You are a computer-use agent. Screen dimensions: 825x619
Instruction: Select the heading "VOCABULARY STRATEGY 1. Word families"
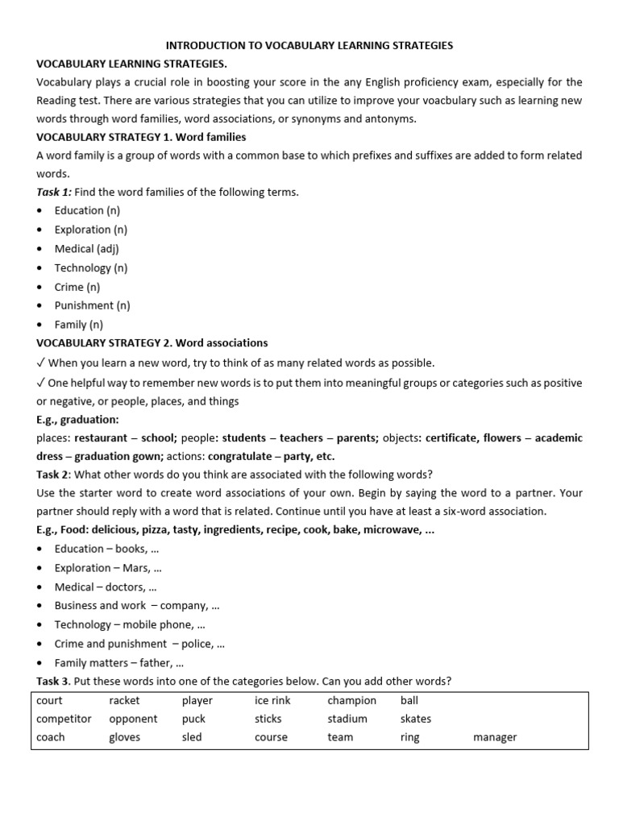141,137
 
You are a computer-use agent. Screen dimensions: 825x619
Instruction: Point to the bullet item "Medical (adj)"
86,249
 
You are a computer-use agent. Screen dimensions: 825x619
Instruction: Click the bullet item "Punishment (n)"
92,305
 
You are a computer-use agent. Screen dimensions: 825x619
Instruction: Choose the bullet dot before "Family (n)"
41,325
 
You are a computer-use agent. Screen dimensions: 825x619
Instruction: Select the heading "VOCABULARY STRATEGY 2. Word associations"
152,343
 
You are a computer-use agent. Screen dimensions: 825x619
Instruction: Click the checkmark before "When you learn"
41,363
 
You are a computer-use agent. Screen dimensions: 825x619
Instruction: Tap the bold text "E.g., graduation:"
77,420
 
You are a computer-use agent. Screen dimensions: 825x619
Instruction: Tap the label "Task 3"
52,682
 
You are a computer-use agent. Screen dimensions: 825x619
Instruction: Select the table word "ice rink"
272,701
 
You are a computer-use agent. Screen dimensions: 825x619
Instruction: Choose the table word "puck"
193,719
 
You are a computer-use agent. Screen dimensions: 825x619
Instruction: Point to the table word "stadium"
347,719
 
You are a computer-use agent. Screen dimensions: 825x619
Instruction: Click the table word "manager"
495,737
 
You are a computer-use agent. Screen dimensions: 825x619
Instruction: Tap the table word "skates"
415,719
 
